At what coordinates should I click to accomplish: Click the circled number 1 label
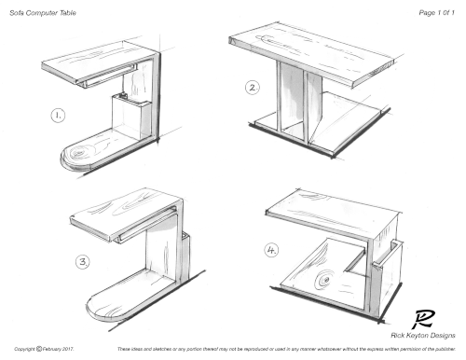coord(58,116)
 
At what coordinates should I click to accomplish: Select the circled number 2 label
coord(253,88)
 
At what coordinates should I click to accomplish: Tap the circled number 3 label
coord(83,262)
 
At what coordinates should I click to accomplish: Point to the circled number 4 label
coord(271,250)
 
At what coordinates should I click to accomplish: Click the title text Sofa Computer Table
coord(43,13)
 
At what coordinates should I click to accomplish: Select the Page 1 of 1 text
coord(436,13)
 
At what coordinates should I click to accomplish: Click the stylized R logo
coord(423,319)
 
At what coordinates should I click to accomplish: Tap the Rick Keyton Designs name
coord(423,335)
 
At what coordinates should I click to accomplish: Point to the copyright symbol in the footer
coord(39,349)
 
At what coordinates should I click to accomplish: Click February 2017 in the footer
coord(58,349)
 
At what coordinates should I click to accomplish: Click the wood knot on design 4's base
coord(324,280)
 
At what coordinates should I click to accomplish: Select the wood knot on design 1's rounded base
coord(77,153)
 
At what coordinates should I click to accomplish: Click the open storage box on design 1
coord(131,117)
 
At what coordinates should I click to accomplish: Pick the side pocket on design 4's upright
coord(387,273)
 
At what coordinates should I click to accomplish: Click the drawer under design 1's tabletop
coord(107,76)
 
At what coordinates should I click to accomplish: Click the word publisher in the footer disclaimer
coord(445,349)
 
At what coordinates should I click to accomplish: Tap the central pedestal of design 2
coord(299,101)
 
